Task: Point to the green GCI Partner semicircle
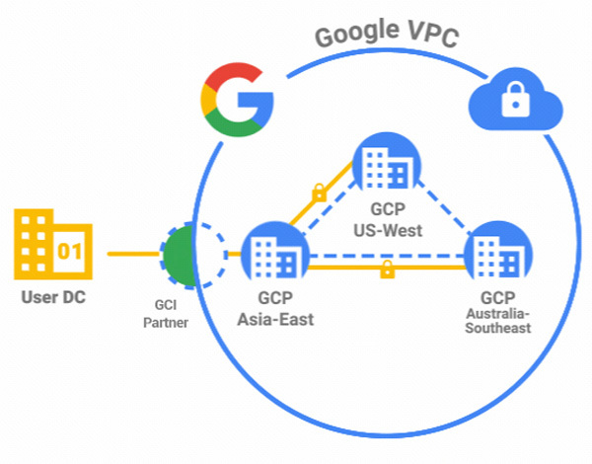coord(176,260)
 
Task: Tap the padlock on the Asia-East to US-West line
coord(319,193)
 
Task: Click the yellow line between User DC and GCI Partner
coord(132,255)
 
